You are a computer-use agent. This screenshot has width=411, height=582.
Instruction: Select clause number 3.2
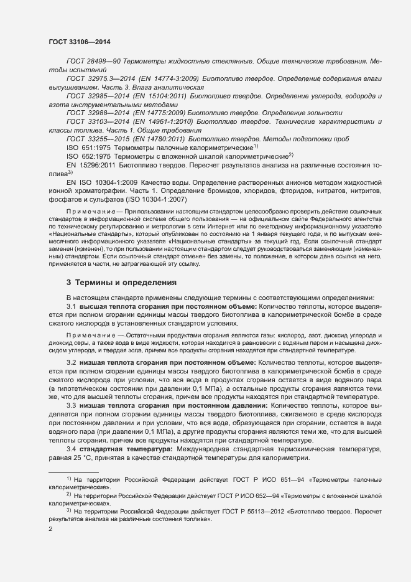coord(71,362)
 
